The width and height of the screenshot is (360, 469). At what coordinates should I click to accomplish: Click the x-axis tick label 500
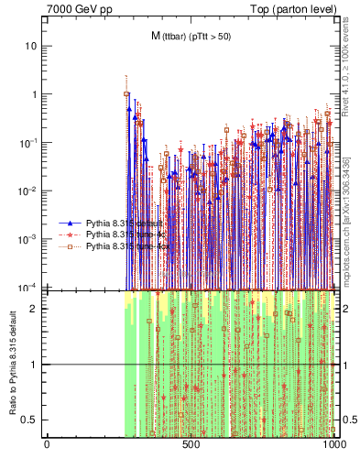click(x=191, y=445)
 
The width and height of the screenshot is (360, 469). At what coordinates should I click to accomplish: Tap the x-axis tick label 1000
click(x=334, y=445)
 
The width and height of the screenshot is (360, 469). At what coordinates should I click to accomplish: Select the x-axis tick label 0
click(x=47, y=445)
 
